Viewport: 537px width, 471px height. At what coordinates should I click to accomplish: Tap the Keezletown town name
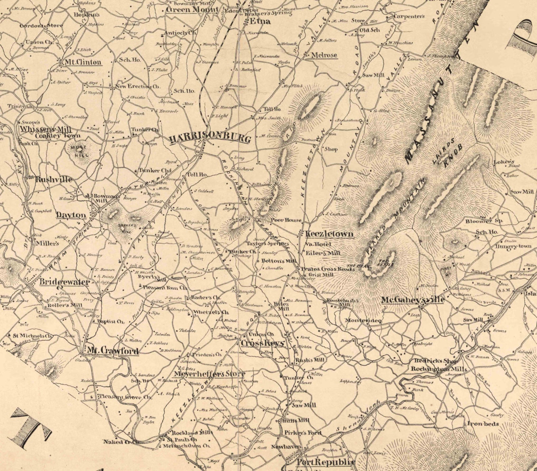[x=329, y=234]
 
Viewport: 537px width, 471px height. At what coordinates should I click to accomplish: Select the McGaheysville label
[x=413, y=300]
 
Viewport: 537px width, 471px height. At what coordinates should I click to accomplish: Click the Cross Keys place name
[x=262, y=343]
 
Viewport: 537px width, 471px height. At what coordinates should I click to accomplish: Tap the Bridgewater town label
[x=65, y=282]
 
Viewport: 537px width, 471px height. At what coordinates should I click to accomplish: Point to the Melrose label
[x=324, y=55]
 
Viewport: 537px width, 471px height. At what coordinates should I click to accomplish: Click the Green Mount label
[x=192, y=9]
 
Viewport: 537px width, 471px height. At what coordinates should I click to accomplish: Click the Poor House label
[x=286, y=220]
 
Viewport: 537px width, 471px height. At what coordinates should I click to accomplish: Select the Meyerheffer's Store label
[x=209, y=374]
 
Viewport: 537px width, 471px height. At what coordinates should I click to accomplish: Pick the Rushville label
[x=54, y=180]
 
